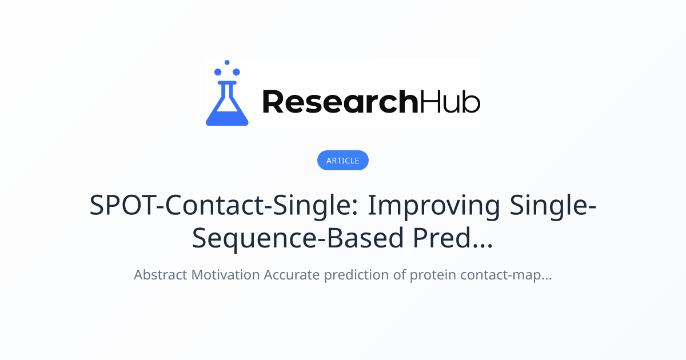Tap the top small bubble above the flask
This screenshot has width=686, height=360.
point(227,62)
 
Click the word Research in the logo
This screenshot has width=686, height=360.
point(340,102)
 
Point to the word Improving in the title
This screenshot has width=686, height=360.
point(434,206)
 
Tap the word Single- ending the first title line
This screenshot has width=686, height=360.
point(553,206)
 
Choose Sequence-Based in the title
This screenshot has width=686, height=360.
point(298,238)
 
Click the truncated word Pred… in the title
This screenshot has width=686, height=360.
point(453,238)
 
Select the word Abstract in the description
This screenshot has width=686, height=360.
point(161,275)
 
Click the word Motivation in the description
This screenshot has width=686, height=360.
point(225,275)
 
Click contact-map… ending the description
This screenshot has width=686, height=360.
point(506,275)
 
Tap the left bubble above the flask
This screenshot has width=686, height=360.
point(218,72)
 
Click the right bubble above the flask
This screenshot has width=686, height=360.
point(236,72)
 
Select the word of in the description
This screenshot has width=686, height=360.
point(400,275)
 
